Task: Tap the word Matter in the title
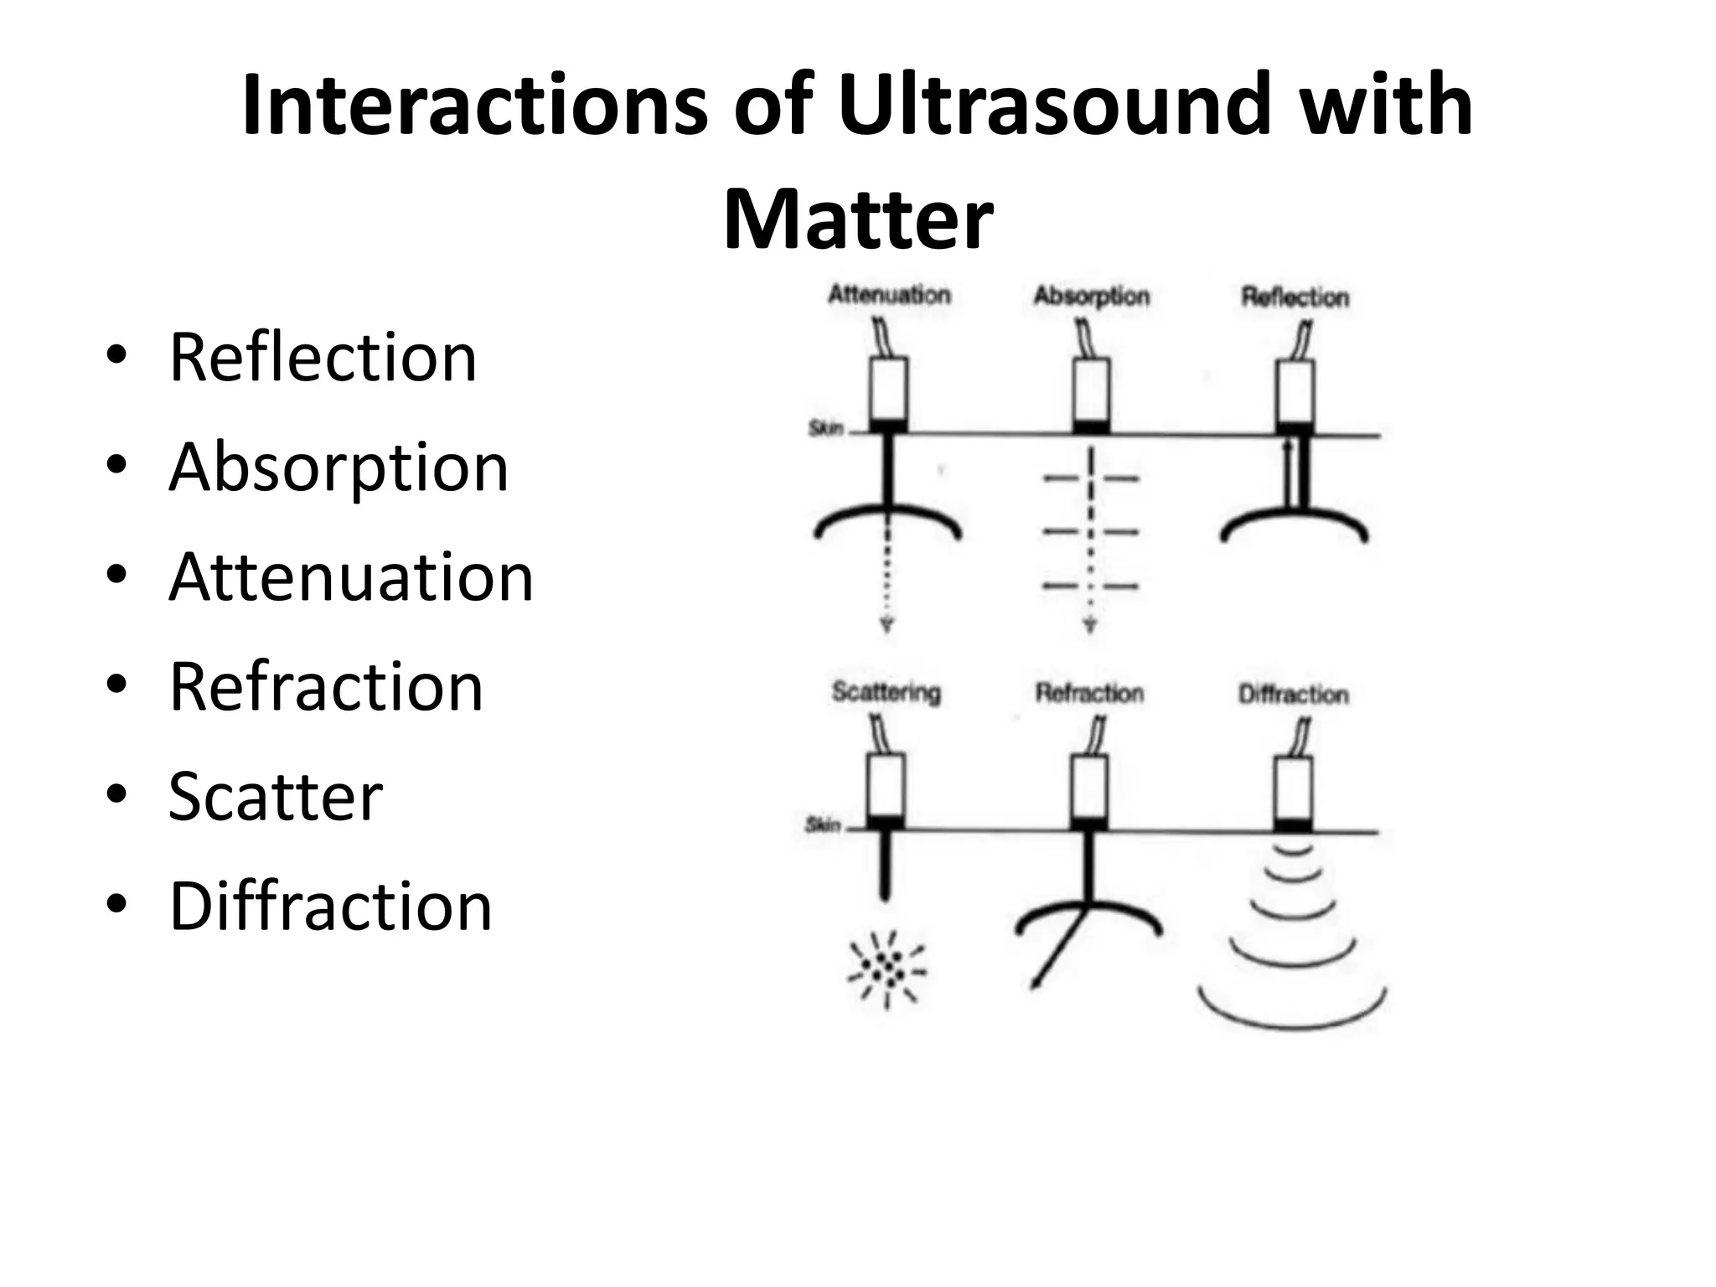tap(858, 220)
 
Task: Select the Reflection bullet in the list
tap(323, 358)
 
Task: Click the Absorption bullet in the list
tap(339, 468)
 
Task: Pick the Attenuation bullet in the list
tap(351, 577)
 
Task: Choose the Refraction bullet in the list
tap(326, 687)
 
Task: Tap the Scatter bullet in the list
tap(276, 797)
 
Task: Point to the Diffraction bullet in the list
tap(330, 907)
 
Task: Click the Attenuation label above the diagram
tap(889, 295)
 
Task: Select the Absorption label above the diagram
tap(1091, 297)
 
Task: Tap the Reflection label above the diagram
tap(1295, 297)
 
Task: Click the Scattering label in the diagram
tap(886, 693)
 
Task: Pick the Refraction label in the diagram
tap(1089, 694)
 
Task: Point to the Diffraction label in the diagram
tap(1295, 695)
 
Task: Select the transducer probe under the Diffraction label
tap(1294, 788)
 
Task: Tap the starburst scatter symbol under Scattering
tap(888, 970)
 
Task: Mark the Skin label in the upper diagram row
tap(824, 429)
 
